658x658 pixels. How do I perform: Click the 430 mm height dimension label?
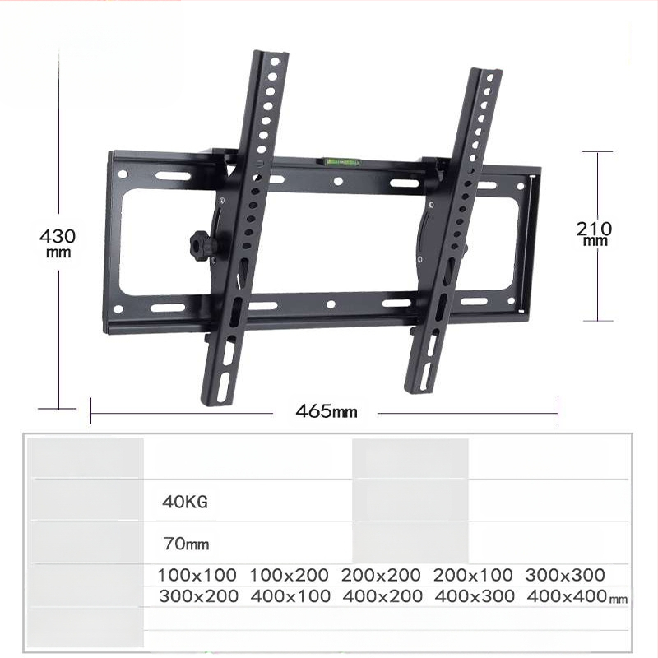(x=58, y=242)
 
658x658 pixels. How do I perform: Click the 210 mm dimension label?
(x=594, y=233)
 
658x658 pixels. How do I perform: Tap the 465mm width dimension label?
(x=327, y=410)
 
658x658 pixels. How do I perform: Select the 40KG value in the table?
(x=185, y=501)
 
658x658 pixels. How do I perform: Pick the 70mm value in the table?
(x=185, y=544)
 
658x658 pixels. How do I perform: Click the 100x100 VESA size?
(x=197, y=575)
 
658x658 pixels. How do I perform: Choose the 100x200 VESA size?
(x=289, y=575)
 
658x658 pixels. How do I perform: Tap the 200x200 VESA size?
(x=381, y=575)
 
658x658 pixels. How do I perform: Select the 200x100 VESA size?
(x=473, y=575)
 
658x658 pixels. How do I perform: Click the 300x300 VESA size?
(x=565, y=575)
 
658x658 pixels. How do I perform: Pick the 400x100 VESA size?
(x=289, y=596)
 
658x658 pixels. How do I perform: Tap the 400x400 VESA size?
(x=567, y=596)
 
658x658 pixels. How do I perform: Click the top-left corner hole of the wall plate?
(x=123, y=174)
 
